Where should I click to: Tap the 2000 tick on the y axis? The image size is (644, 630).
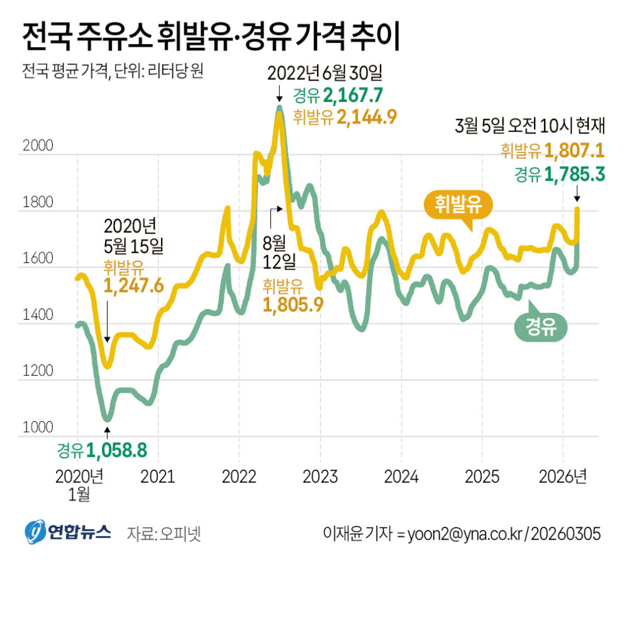38,147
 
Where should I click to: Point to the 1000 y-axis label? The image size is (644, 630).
38,428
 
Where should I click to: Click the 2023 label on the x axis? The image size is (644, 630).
320,476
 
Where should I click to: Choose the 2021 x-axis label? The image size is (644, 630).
158,476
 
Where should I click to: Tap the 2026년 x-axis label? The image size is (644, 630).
563,476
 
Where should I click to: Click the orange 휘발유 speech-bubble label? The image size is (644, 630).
457,205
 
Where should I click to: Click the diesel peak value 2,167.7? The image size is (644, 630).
353,96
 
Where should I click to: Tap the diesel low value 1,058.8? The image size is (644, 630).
116,451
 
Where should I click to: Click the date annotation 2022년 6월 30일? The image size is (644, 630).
325,74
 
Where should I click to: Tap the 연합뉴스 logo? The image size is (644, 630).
68,533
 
